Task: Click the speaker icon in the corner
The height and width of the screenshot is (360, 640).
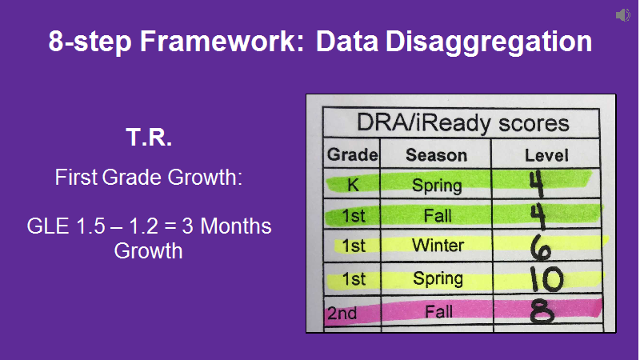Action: (623, 15)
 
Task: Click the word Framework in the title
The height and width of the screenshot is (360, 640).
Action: (222, 42)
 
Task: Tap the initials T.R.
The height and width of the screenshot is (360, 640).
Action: (149, 137)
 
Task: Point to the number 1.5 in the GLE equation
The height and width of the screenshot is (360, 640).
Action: (90, 226)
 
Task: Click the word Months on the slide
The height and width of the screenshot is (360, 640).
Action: (235, 226)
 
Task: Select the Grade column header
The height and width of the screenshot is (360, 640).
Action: (352, 154)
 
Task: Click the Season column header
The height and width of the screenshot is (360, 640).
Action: (436, 155)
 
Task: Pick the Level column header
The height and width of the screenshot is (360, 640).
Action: (546, 155)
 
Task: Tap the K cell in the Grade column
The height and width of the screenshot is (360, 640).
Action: (353, 186)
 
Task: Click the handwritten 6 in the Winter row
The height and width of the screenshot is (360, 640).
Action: (542, 247)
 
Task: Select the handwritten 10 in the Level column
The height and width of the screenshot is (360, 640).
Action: (546, 279)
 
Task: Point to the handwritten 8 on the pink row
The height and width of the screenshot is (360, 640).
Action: (542, 311)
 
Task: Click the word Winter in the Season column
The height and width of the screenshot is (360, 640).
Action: (438, 246)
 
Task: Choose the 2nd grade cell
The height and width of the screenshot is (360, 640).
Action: (342, 313)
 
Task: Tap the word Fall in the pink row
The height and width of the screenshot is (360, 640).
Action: (438, 312)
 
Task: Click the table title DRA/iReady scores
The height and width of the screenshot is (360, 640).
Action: (463, 123)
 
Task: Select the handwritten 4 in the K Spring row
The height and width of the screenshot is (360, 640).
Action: (538, 184)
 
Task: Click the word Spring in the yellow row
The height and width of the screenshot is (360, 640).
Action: (438, 279)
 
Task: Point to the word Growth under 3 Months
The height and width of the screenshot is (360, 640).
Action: (148, 250)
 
